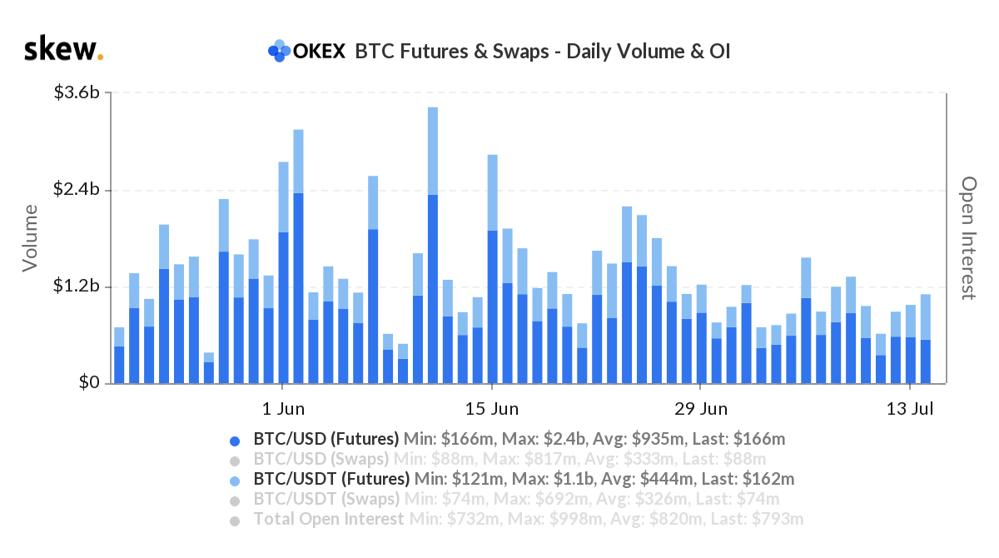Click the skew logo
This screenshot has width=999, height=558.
click(63, 50)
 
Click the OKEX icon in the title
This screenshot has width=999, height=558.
click(279, 51)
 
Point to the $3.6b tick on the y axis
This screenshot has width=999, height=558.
click(77, 92)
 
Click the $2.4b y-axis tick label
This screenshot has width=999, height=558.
click(77, 190)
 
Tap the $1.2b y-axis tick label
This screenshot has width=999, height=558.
click(77, 286)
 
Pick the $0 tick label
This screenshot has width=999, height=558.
click(88, 383)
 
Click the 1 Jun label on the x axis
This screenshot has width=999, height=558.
click(283, 409)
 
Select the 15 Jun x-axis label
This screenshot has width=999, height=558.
click(492, 409)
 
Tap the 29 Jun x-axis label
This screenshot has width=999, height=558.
click(701, 409)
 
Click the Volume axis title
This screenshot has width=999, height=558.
click(30, 237)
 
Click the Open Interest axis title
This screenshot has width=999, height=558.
click(968, 237)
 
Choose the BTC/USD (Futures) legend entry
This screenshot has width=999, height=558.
click(326, 439)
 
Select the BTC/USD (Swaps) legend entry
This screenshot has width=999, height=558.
click(321, 459)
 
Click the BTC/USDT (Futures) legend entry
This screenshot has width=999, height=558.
click(331, 479)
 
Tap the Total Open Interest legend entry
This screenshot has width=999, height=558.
click(328, 519)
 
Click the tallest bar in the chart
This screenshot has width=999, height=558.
click(432, 250)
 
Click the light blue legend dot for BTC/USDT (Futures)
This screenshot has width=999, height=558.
click(236, 481)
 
